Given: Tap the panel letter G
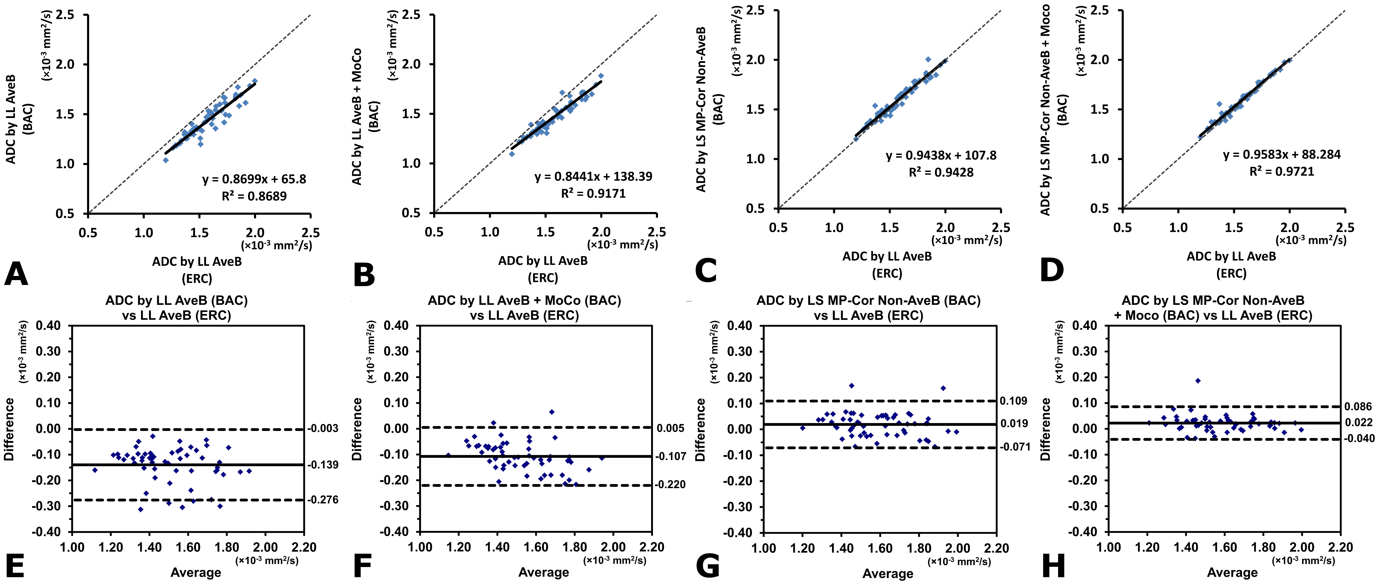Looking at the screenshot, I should (x=708, y=566).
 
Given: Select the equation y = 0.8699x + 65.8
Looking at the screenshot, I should (x=254, y=179).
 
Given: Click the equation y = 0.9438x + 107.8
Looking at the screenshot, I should (x=941, y=156).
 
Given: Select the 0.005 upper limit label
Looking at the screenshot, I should (x=671, y=428).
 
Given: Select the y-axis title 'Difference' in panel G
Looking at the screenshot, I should (x=700, y=430).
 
